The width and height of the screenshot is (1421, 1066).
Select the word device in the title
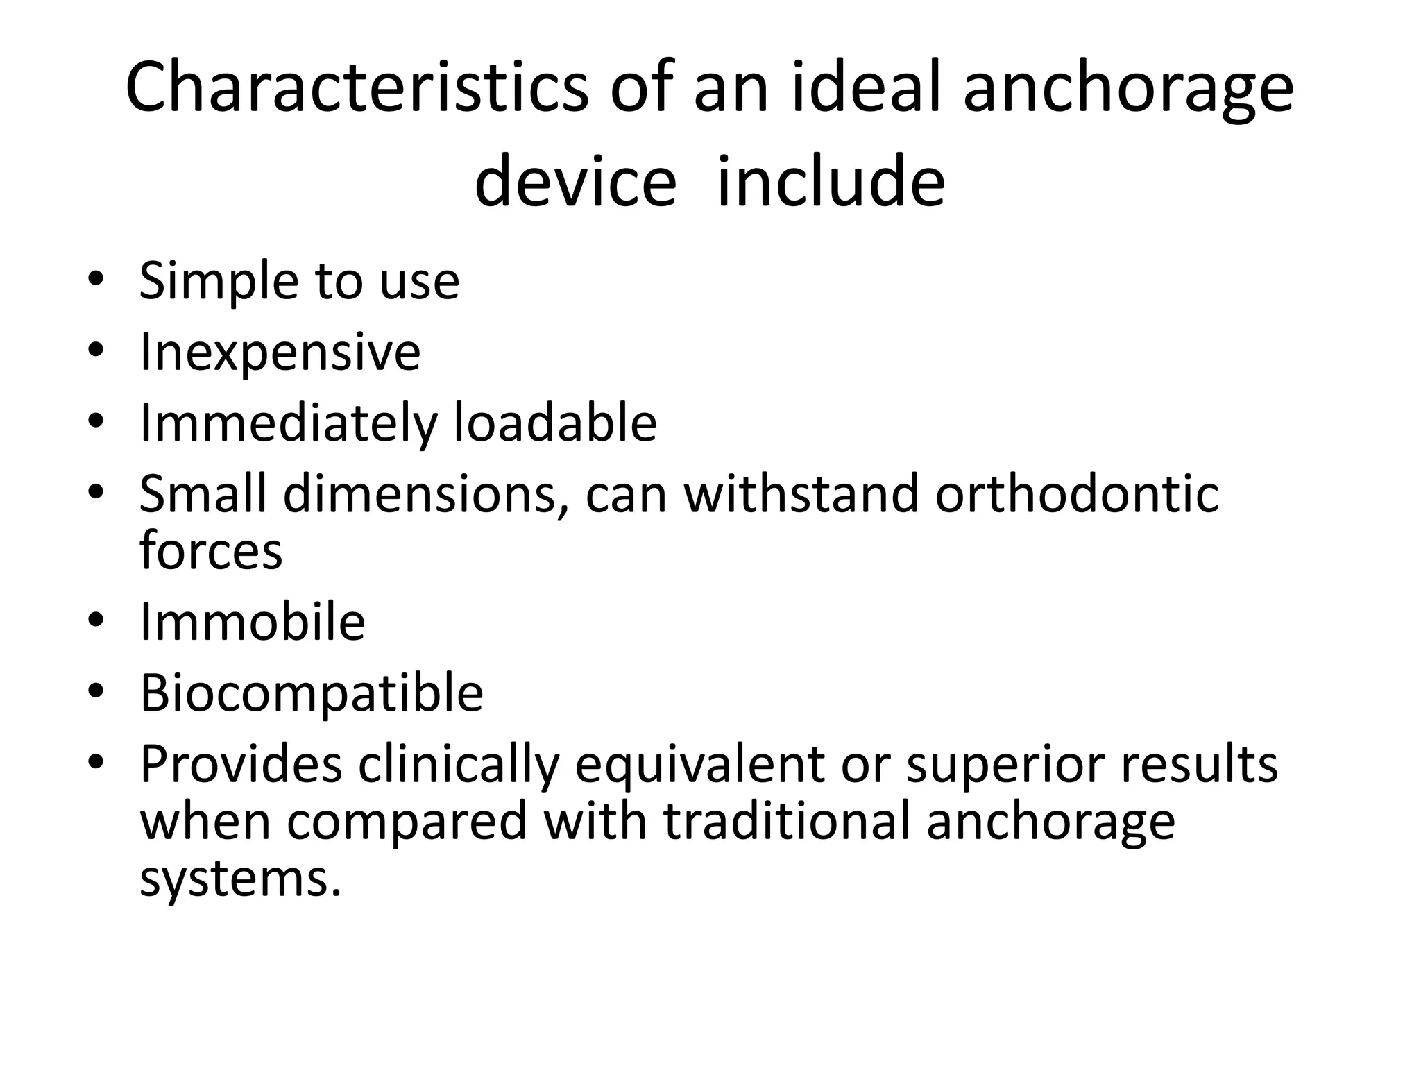575,182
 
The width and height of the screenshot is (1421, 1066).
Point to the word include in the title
830,182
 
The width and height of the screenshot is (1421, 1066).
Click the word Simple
219,282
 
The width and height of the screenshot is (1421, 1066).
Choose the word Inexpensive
280,353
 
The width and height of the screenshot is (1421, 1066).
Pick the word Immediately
289,423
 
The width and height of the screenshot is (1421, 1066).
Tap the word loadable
555,423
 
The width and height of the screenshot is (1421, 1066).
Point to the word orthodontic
1077,494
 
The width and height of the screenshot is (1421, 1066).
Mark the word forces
211,551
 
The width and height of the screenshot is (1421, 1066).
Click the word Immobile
253,622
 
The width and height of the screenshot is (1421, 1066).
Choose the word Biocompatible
312,693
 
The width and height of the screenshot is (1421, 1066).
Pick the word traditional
786,821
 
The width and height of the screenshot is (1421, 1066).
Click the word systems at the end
241,879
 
